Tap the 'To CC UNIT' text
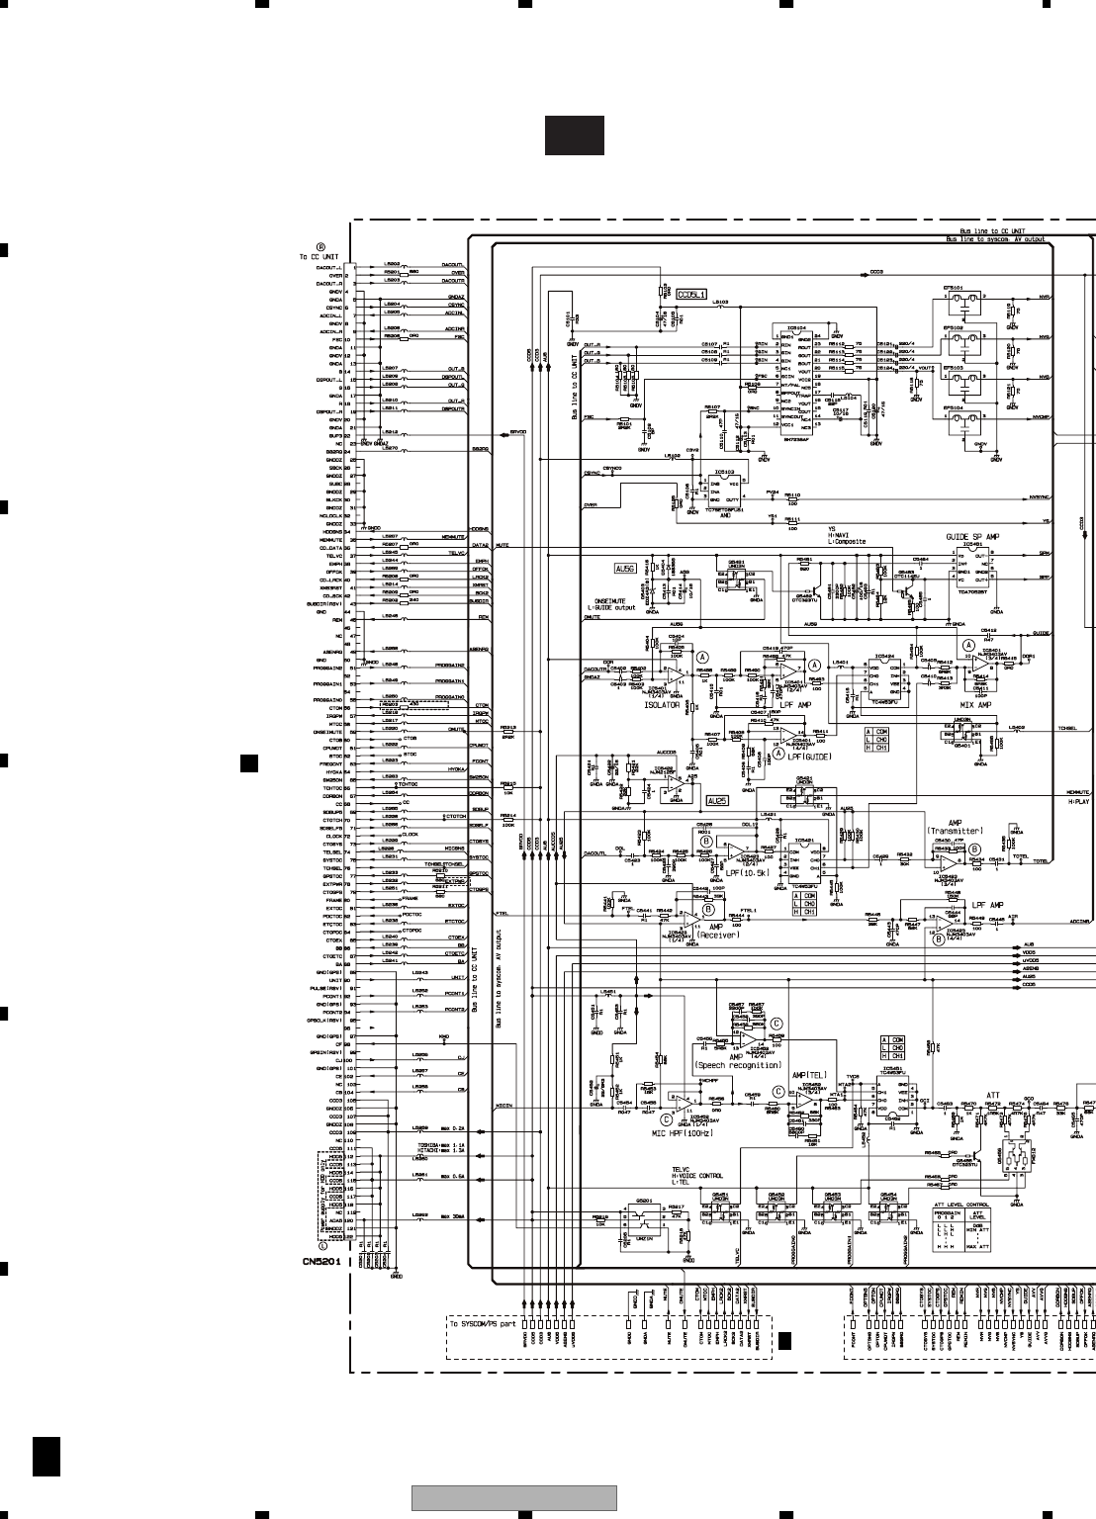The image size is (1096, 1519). (x=319, y=257)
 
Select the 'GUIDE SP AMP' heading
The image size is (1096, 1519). (x=972, y=537)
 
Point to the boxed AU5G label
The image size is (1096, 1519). (x=624, y=569)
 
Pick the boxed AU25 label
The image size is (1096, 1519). (x=717, y=800)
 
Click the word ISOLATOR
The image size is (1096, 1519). (x=662, y=705)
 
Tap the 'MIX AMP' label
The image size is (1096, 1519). (x=976, y=705)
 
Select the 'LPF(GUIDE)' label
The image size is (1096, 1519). (x=809, y=756)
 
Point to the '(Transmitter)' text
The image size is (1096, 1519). (x=956, y=831)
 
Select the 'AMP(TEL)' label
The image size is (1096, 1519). (x=808, y=1075)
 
